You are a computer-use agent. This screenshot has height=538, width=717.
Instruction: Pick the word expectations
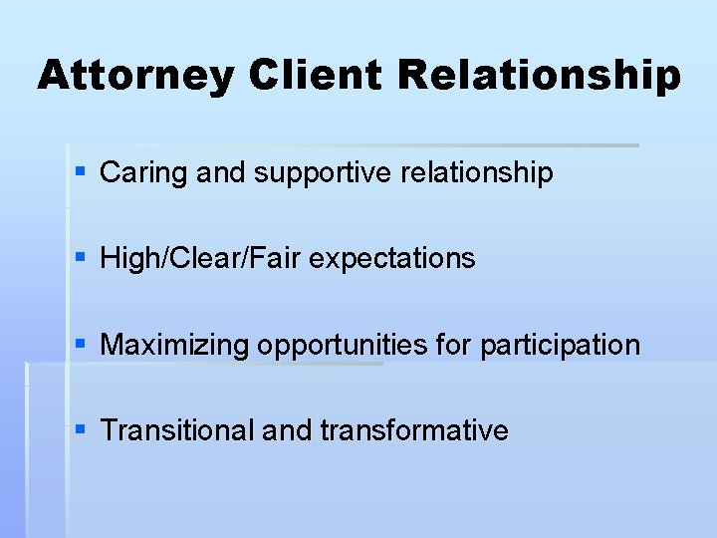point(392,259)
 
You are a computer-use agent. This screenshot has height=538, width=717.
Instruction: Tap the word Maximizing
point(175,346)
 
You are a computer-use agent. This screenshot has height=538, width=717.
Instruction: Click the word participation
point(560,346)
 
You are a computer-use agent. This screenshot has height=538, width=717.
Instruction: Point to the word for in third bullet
point(454,345)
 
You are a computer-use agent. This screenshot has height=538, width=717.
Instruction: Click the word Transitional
point(177,430)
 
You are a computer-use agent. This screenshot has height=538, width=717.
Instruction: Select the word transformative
point(414,430)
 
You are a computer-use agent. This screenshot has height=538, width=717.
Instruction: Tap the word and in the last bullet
point(287,430)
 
